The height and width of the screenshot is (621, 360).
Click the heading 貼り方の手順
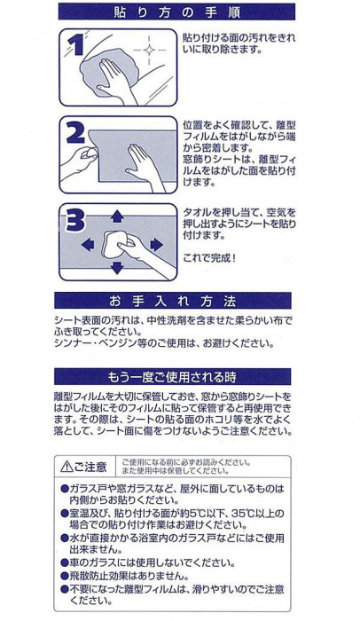click(176, 12)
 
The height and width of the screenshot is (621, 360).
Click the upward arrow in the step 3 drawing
click(117, 216)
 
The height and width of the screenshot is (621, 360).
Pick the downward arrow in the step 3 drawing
click(117, 268)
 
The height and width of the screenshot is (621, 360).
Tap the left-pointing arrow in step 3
click(88, 245)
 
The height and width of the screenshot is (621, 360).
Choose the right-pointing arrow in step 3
click(156, 245)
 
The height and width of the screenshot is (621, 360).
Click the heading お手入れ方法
click(172, 302)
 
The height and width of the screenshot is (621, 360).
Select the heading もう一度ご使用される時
click(172, 377)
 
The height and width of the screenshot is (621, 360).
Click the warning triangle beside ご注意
click(67, 467)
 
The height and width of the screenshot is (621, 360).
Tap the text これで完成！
click(209, 258)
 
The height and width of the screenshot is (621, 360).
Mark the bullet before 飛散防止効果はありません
click(64, 576)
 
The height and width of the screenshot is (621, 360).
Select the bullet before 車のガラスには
click(64, 562)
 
